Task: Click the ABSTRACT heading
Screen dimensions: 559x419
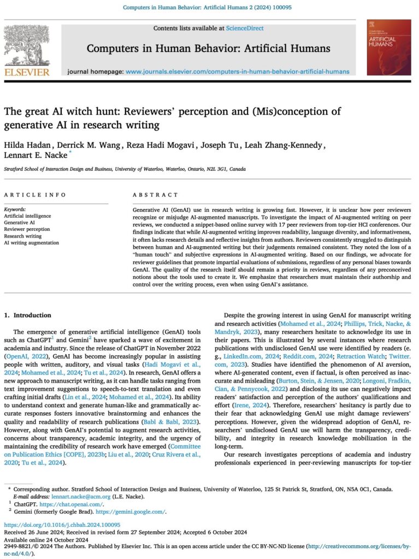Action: click(x=155, y=195)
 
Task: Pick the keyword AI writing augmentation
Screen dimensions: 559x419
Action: click(x=31, y=242)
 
